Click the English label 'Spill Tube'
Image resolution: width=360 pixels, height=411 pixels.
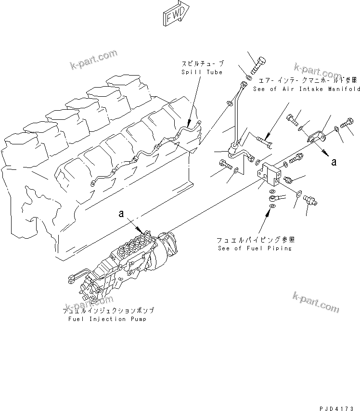tap(202, 72)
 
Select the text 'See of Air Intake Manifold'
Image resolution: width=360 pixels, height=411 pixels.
tap(307, 89)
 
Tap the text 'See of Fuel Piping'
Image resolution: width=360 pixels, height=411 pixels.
tap(254, 248)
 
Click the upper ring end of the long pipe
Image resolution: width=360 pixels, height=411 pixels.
tap(242, 86)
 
